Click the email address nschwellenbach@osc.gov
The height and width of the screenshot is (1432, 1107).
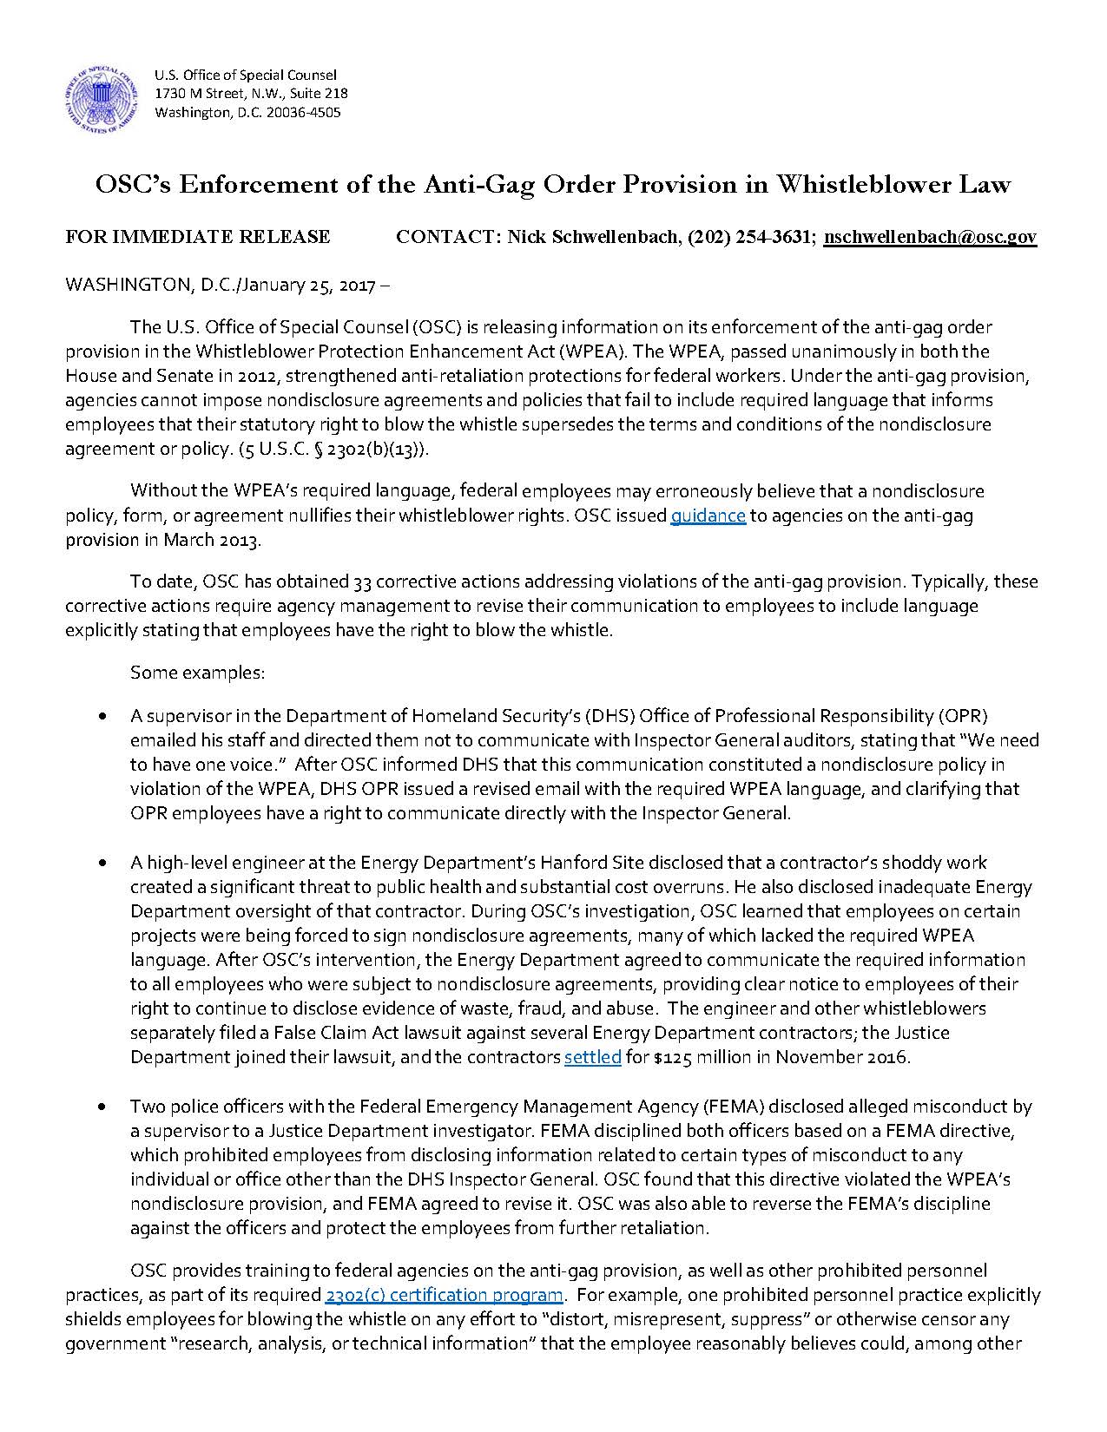(x=929, y=237)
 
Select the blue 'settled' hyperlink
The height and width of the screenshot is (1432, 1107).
(x=592, y=1058)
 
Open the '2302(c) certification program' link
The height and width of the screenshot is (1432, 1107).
(x=444, y=1296)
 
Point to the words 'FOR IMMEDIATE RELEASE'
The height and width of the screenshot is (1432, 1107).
(x=197, y=237)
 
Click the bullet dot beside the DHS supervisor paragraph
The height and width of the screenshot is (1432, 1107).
(x=105, y=717)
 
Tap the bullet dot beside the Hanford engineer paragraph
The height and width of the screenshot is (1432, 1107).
(x=105, y=864)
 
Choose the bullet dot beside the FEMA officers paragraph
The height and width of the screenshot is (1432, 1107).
(x=105, y=1107)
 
